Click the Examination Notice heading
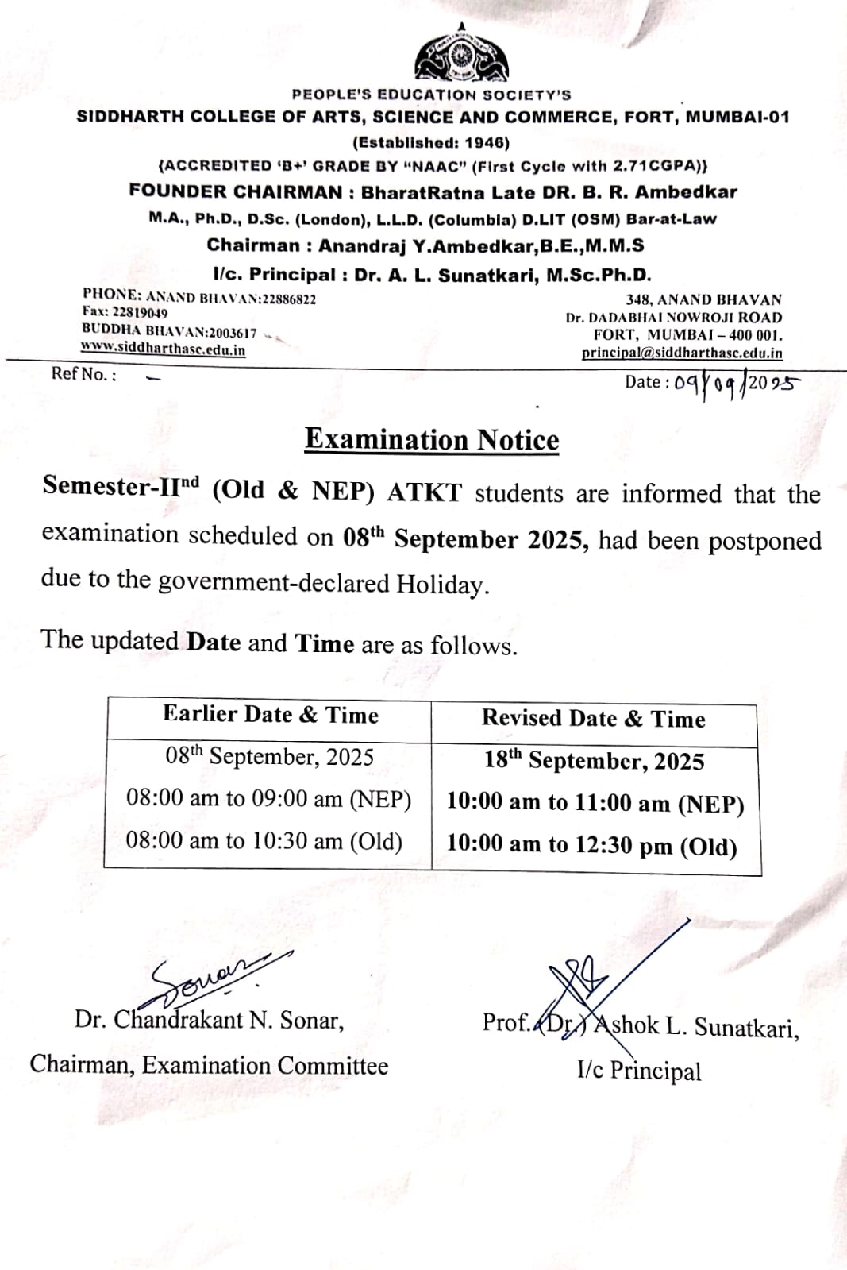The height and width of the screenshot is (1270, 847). coord(432,439)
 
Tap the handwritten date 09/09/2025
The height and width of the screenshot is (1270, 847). coord(736,383)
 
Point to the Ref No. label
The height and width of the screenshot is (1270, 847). coord(83,374)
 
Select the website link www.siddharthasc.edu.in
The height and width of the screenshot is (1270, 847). coord(163,349)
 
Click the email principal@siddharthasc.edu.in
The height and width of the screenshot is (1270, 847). coord(681,353)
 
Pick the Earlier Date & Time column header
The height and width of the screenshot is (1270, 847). coord(270,714)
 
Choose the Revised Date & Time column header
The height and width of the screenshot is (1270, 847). coord(593,719)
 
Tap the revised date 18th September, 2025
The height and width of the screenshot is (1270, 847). coord(594,760)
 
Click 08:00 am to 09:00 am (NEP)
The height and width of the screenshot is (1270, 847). coord(268,798)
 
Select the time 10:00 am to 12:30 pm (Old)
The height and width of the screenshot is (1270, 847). coord(591,845)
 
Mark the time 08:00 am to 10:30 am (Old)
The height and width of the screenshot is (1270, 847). coord(264,840)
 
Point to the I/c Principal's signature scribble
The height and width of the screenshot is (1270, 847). coord(587,981)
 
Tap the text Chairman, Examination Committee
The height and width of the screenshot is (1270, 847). coord(209,1065)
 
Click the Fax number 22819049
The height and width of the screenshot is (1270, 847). coord(140,313)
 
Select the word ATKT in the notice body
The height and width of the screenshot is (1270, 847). coord(424,492)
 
